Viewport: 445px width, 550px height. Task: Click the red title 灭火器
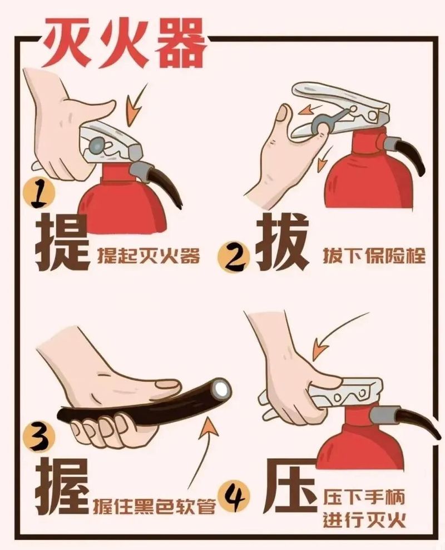pos(123,43)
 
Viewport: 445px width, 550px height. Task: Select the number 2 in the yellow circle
pos(234,257)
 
